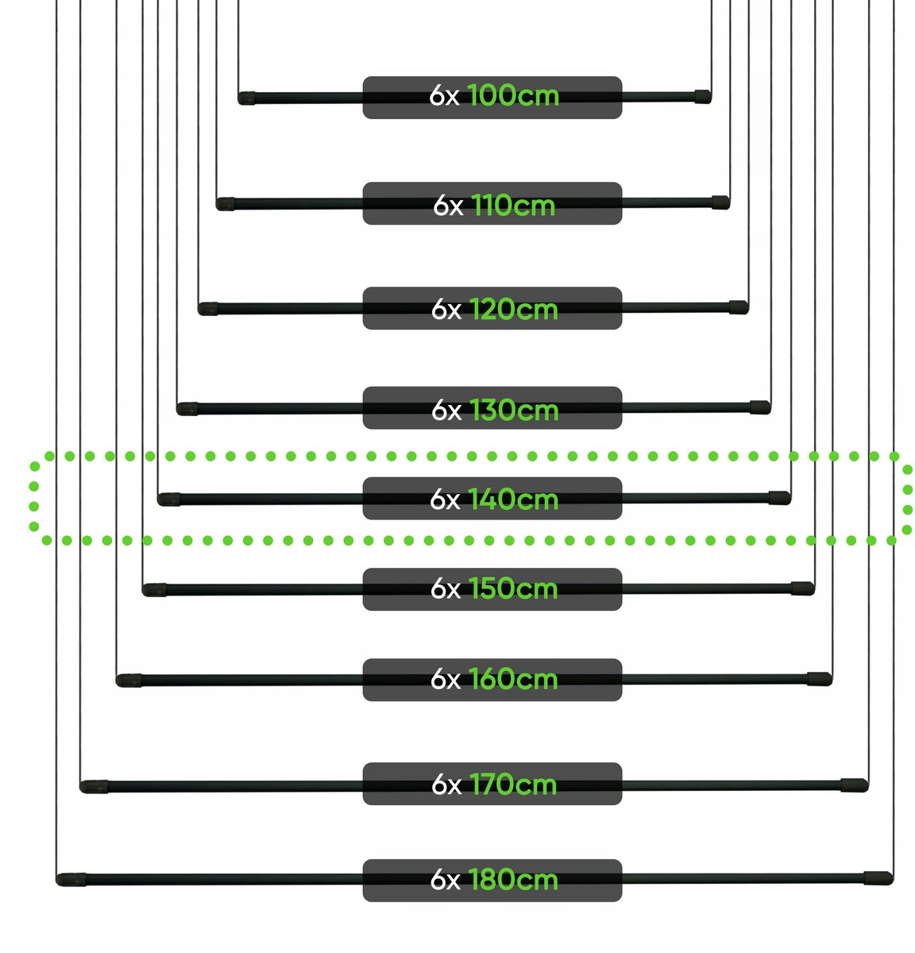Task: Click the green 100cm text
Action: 513,95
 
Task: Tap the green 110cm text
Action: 513,205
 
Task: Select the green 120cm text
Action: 513,310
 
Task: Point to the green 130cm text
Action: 514,410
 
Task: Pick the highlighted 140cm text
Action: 513,500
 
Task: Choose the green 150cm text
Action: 513,588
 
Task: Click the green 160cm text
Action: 513,679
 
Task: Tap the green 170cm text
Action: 513,784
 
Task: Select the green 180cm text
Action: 513,880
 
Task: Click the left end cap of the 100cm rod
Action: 246,98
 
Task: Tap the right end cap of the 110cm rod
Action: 720,203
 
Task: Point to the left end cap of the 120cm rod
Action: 207,309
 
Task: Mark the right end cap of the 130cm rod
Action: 760,407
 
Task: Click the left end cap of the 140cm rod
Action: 168,500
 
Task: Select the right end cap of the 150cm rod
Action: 803,588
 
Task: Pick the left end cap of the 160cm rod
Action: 129,681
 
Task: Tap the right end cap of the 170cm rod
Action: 855,785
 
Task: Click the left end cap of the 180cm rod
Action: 71,880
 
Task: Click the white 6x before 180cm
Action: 446,880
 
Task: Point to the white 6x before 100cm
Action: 444,95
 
